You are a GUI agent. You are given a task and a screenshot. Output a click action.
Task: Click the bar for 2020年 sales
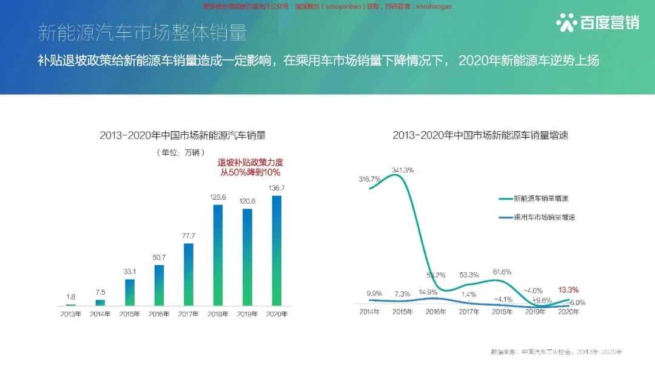277,250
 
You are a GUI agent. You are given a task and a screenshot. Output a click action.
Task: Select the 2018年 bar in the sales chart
218,255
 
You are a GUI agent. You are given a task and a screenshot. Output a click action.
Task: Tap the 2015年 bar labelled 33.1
129,292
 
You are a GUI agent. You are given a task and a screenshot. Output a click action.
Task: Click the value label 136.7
277,188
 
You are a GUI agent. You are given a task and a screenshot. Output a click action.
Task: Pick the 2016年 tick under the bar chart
159,314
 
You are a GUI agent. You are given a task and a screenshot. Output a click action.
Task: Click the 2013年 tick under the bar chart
70,314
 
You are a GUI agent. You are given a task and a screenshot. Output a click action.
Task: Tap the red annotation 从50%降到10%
250,173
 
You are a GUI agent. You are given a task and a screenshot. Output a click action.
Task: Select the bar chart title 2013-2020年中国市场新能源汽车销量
183,136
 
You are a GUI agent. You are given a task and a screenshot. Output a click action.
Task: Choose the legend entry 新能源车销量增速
540,198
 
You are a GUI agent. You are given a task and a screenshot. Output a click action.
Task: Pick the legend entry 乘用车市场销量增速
544,217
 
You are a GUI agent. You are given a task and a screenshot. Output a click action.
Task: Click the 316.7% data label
369,180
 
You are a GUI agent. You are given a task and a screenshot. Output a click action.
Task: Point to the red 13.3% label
568,290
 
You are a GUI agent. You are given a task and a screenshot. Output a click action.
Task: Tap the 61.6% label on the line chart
502,272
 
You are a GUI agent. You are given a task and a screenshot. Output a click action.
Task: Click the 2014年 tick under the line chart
369,312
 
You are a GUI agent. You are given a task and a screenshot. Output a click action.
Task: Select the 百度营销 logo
597,23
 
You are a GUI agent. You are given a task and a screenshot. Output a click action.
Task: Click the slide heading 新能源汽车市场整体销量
142,32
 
